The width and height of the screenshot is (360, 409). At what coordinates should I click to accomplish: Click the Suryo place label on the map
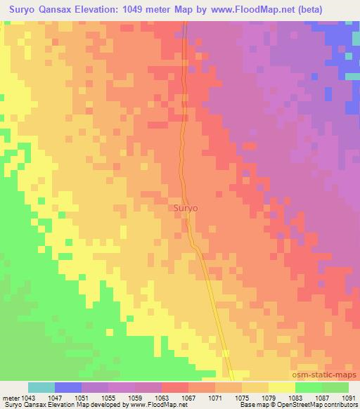coord(186,209)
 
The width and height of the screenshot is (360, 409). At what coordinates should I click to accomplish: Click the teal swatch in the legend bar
coord(41,387)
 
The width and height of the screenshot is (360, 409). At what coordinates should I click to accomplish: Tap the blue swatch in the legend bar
coord(68,387)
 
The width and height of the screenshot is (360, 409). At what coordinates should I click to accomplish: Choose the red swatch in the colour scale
coord(175,387)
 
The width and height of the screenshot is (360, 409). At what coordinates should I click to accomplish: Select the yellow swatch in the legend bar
coord(282,387)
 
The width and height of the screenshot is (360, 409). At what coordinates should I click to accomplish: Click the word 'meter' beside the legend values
coord(11,397)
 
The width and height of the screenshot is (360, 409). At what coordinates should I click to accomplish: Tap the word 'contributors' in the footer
coord(342,405)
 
